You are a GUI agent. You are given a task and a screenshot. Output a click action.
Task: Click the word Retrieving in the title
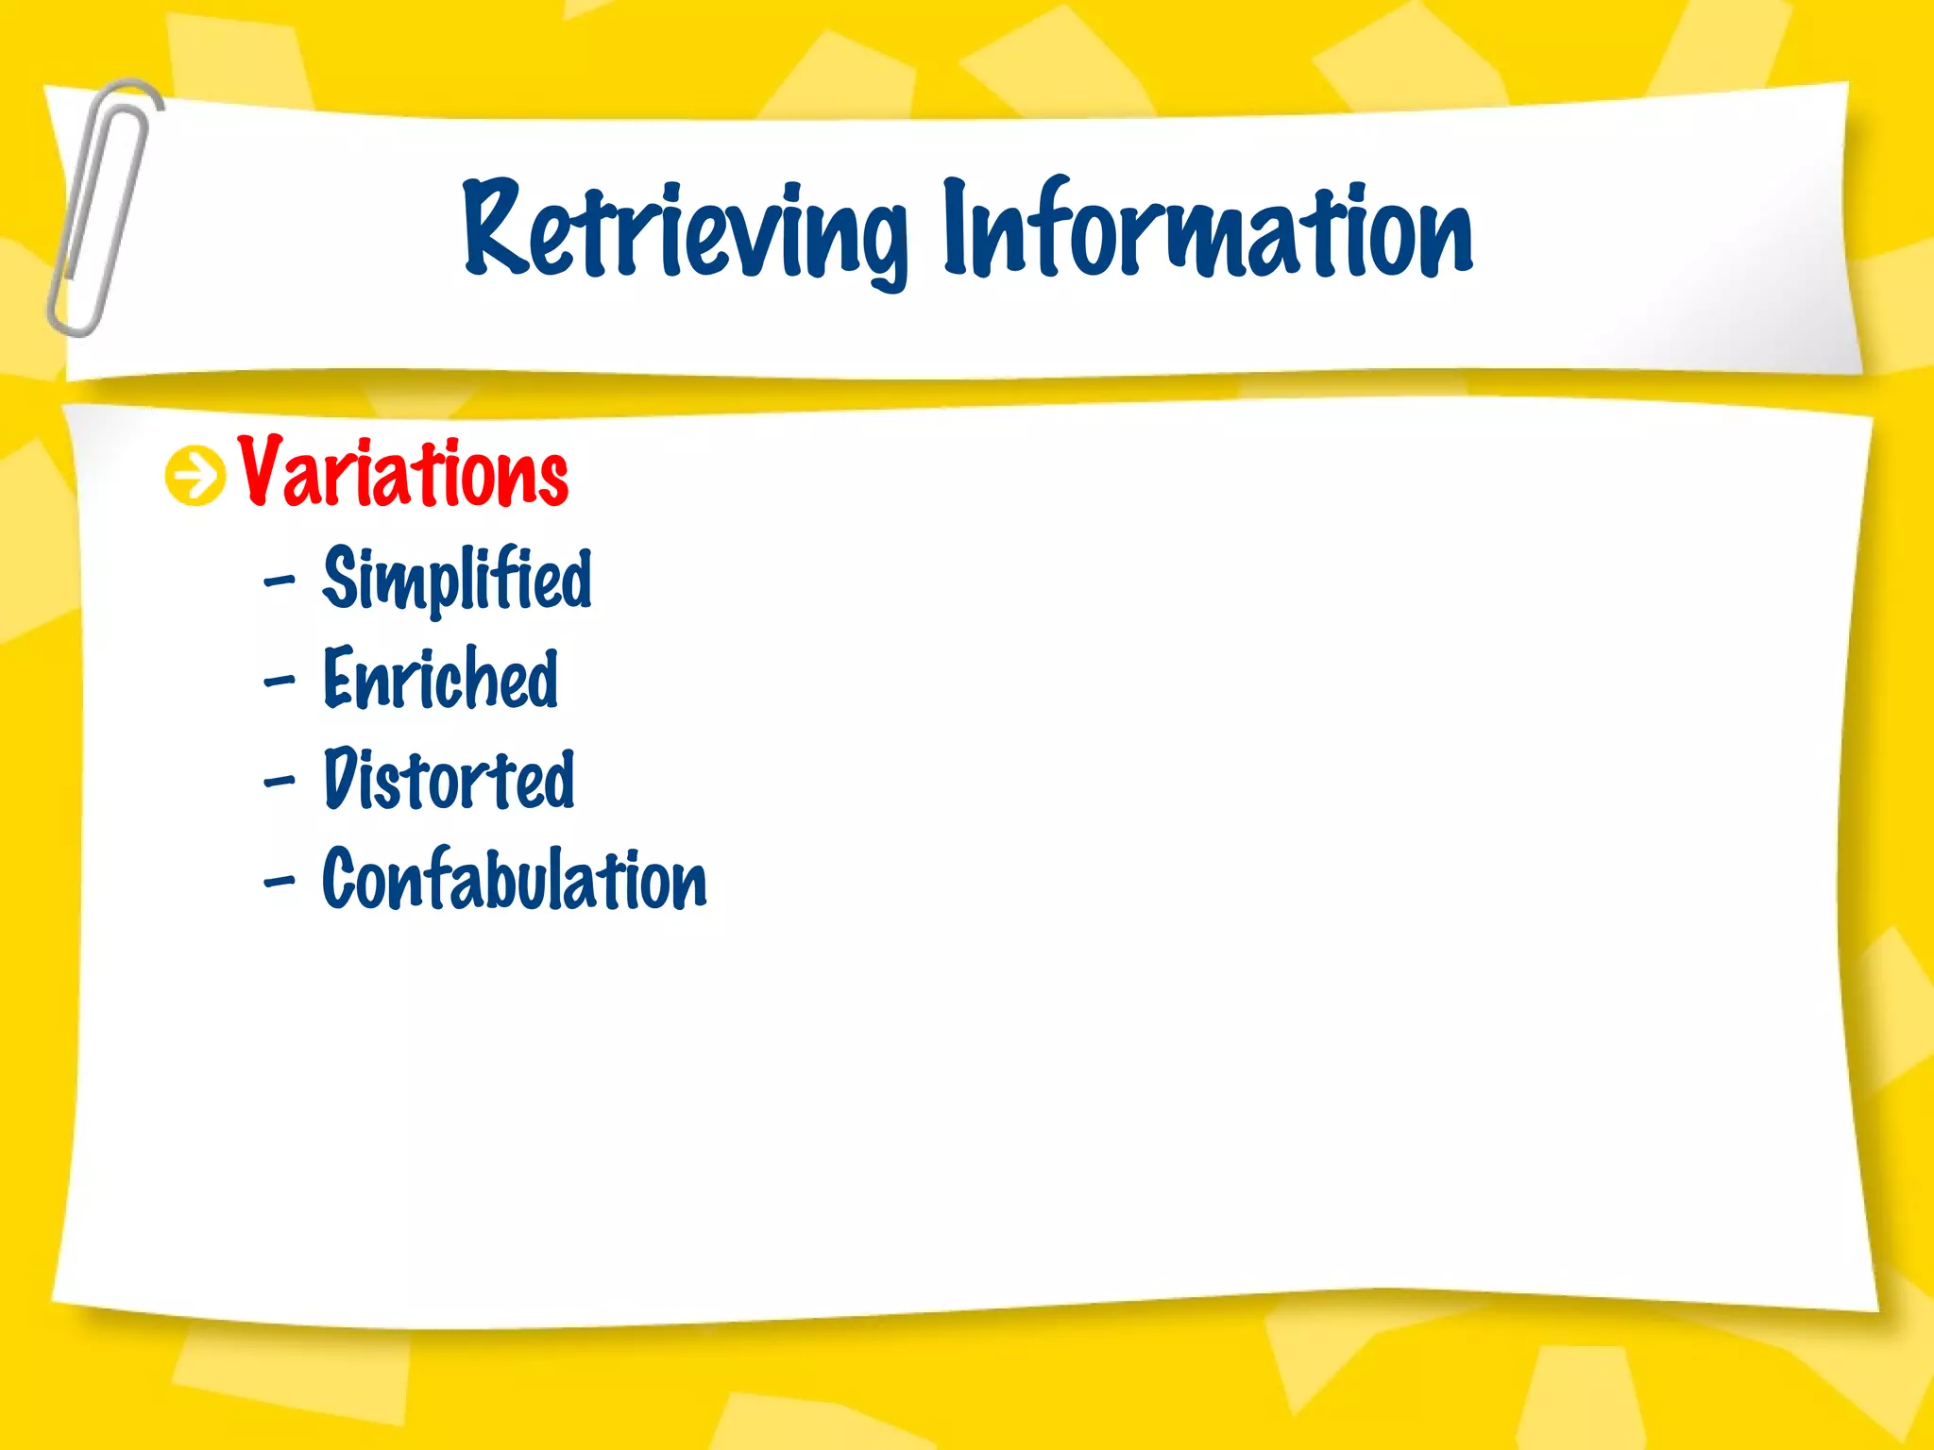(x=685, y=231)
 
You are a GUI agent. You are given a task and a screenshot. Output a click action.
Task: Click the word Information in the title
(x=1207, y=231)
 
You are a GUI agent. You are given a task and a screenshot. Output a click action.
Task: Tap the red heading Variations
(x=403, y=472)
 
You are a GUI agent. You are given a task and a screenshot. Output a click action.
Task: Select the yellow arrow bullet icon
(x=195, y=475)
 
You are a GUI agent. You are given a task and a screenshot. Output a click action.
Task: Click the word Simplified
(x=457, y=578)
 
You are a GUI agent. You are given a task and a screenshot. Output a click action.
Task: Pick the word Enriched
(x=440, y=679)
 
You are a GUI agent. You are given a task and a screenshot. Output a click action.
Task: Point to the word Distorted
(x=449, y=780)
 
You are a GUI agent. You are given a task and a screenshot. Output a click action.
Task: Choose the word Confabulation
(x=515, y=880)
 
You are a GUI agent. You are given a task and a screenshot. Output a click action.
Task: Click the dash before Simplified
(x=280, y=581)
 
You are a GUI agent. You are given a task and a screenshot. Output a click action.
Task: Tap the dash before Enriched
(x=280, y=680)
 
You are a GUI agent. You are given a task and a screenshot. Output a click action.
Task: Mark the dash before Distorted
(x=280, y=781)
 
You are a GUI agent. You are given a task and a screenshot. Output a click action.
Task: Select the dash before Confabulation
(x=280, y=882)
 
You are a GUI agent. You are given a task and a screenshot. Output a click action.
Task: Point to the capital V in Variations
(x=262, y=470)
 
